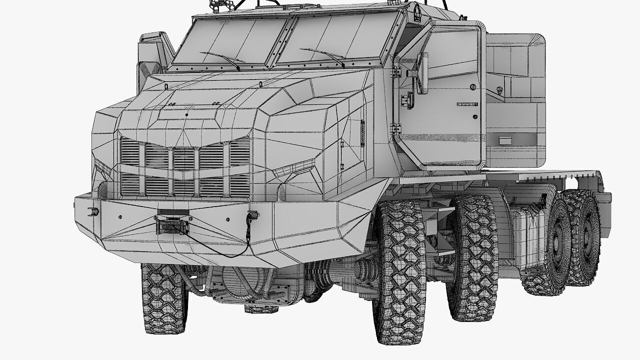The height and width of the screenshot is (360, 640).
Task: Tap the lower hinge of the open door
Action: (x=397, y=128)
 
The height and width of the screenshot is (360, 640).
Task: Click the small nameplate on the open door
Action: (x=467, y=104)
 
